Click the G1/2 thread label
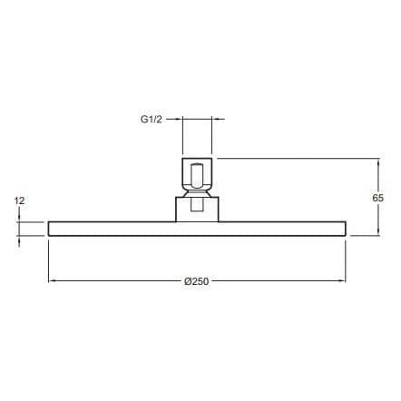point(152,120)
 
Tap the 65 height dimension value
point(377,198)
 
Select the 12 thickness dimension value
point(19,200)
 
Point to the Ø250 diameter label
point(197,281)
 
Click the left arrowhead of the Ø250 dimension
point(53,281)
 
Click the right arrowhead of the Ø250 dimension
point(341,281)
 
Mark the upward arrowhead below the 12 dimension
point(19,240)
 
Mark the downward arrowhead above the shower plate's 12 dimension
point(19,218)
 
